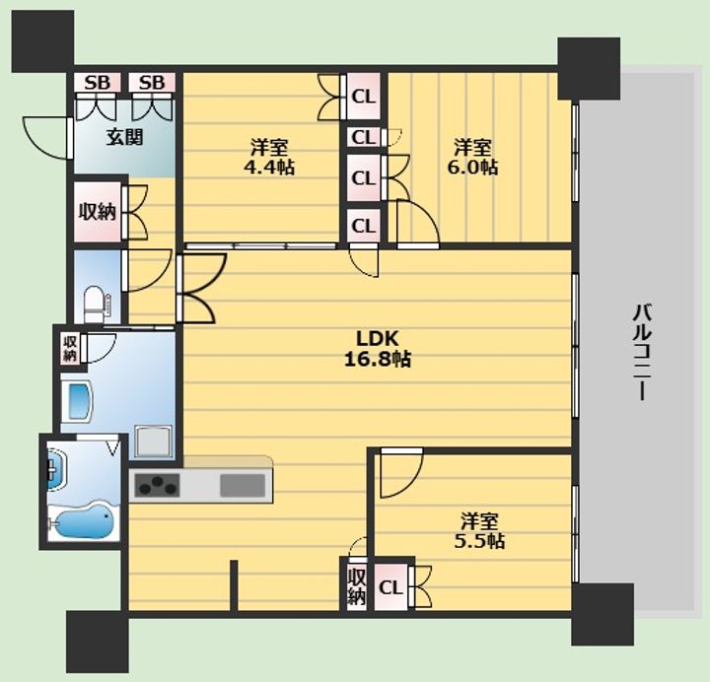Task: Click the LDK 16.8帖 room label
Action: (378, 349)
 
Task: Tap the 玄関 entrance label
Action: (124, 137)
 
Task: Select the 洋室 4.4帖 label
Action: (269, 157)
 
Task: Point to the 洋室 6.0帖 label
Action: (472, 157)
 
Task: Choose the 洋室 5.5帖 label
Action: (479, 530)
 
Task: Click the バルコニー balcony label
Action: (642, 353)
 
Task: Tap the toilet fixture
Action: (95, 304)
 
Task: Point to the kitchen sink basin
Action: (243, 486)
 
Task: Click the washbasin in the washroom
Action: (56, 469)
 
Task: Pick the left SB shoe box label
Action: (98, 83)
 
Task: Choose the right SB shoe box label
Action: (152, 83)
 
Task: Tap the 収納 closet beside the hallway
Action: (98, 212)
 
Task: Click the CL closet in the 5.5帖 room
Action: (390, 587)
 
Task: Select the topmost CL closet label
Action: (364, 97)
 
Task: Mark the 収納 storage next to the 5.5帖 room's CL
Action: (356, 587)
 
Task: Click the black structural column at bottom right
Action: (603, 614)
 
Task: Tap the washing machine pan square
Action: (154, 442)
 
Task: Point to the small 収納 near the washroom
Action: (70, 349)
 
